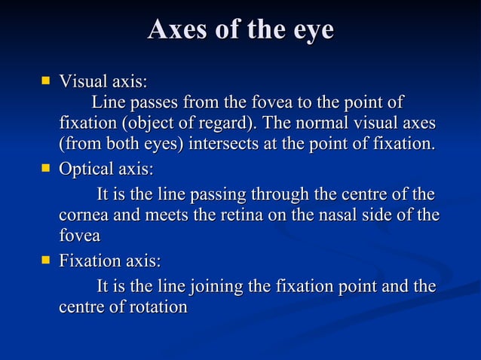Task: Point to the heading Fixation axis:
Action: pos(110,261)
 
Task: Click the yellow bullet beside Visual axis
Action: pos(46,79)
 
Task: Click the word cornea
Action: pos(82,216)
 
